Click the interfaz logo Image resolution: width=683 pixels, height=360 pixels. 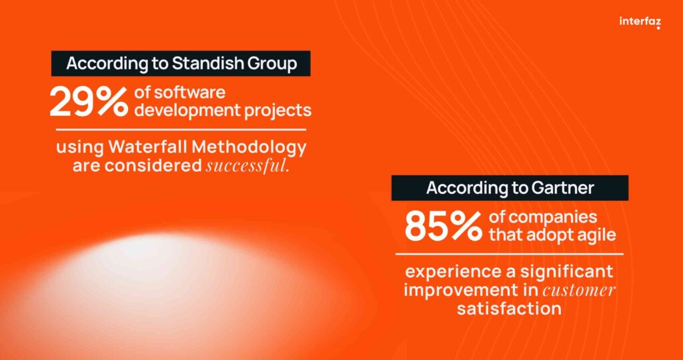tap(640, 22)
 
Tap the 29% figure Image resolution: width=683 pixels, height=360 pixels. tap(89, 102)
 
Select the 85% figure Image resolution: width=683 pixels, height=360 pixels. tap(444, 227)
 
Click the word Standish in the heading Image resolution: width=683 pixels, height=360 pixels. tap(208, 63)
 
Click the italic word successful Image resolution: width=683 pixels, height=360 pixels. tap(247, 166)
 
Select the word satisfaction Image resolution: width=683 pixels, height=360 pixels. tap(509, 309)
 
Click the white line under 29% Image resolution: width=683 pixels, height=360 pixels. tap(181, 129)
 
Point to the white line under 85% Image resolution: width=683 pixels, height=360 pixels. tap(509, 254)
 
